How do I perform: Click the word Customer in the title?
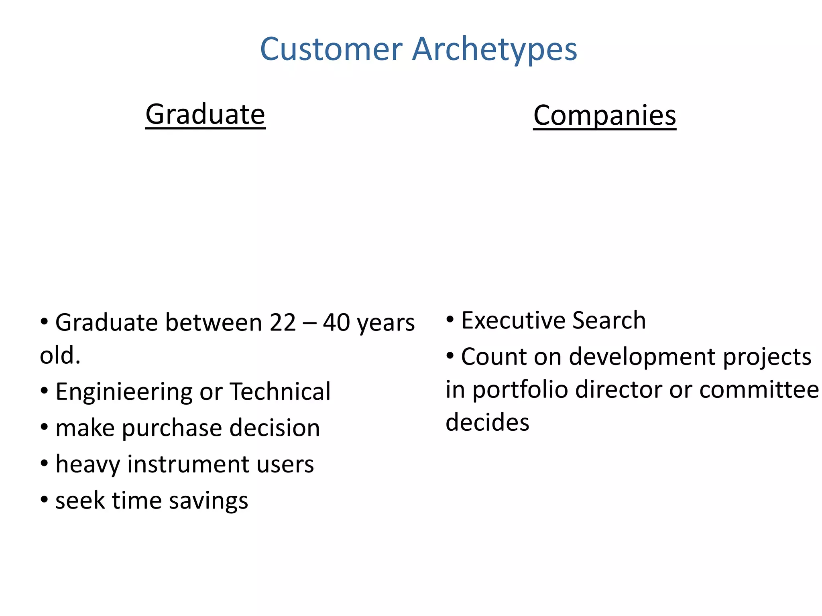331,49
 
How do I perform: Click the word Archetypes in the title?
494,50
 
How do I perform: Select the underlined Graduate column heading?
205,115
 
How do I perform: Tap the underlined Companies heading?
604,115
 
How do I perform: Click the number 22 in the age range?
283,322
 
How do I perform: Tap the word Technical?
280,391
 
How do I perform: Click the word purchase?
172,428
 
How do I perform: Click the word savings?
208,501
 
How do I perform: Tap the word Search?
609,320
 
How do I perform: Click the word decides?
487,422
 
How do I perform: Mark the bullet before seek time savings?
44,500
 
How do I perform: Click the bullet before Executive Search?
450,320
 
